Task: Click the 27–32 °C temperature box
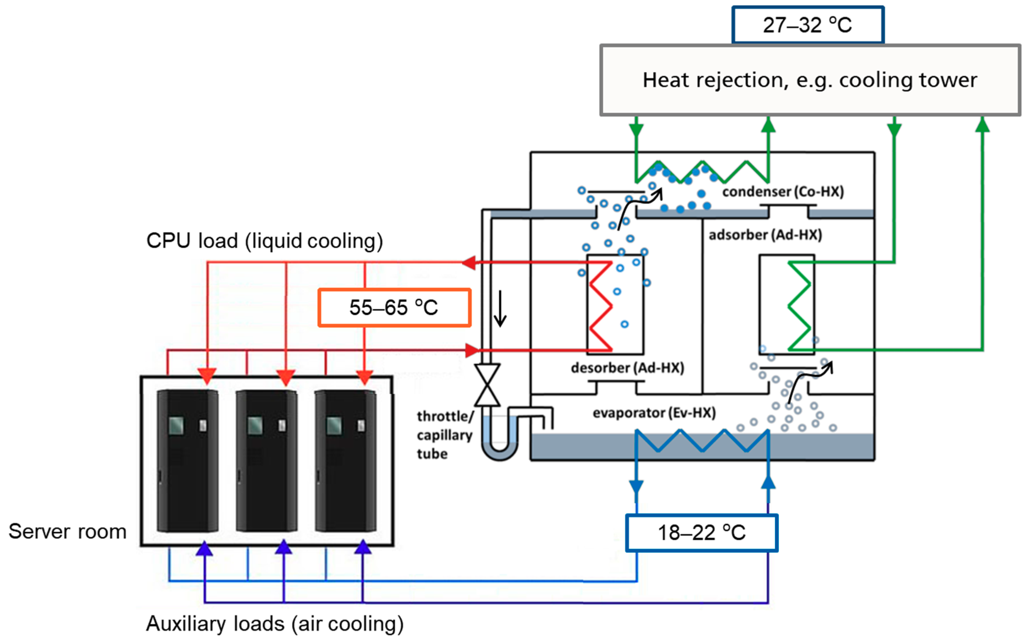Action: click(808, 25)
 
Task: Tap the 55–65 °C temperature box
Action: click(394, 308)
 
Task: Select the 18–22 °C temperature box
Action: click(702, 533)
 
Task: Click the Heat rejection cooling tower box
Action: click(810, 80)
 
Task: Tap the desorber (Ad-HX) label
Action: click(627, 368)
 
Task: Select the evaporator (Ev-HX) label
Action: click(654, 413)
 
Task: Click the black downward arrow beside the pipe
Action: click(500, 309)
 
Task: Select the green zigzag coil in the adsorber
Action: click(799, 306)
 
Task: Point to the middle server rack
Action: click(267, 461)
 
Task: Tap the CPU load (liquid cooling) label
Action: click(265, 241)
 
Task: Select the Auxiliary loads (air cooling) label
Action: click(275, 624)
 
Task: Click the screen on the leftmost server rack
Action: click(176, 425)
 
